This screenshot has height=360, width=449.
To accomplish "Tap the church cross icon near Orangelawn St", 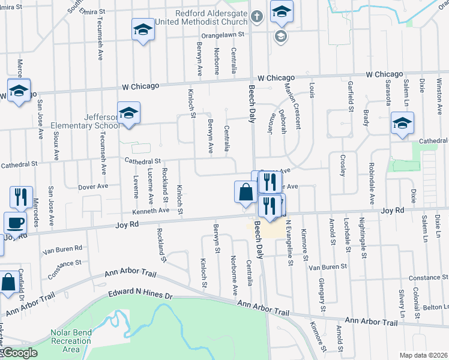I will tap(257, 17).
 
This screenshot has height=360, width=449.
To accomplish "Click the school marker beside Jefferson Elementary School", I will tap(128, 113).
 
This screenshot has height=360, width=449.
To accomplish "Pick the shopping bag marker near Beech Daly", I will tap(246, 193).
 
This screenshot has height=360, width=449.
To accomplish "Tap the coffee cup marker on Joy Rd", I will tap(16, 223).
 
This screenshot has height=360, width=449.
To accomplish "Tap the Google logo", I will tap(19, 353).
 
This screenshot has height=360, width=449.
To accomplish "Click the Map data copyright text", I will tap(423, 355).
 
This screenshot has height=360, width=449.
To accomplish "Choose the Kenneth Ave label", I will tap(150, 211).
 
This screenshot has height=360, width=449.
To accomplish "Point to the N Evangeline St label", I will tap(290, 242).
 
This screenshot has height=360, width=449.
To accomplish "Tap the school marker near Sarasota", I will tap(402, 124).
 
